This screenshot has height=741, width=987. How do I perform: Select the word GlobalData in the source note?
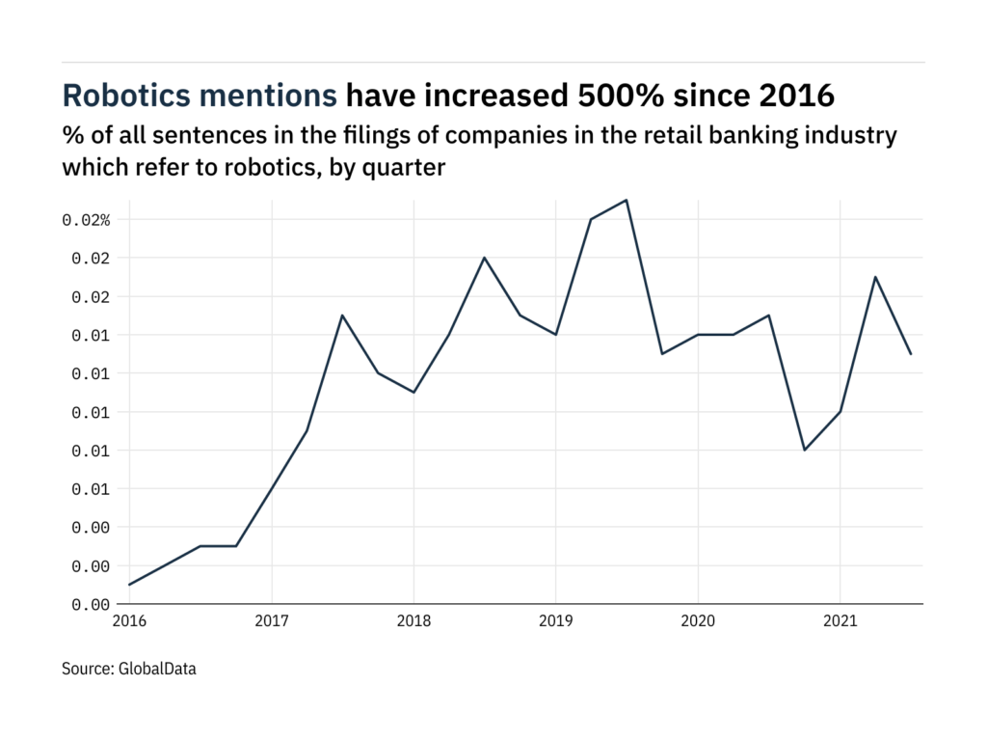157,668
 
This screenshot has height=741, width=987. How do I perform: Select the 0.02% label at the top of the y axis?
87,220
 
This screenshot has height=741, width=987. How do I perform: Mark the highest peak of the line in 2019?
627,200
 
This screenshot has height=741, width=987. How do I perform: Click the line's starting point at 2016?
129,585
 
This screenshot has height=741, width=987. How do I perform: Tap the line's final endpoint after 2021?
911,354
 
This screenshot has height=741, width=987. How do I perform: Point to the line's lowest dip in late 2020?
805,450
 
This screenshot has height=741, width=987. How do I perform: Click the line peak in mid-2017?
342,316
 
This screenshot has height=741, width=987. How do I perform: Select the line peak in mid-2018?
485,258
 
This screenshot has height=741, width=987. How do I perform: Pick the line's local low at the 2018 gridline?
413,392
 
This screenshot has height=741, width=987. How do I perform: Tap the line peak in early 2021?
875,277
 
